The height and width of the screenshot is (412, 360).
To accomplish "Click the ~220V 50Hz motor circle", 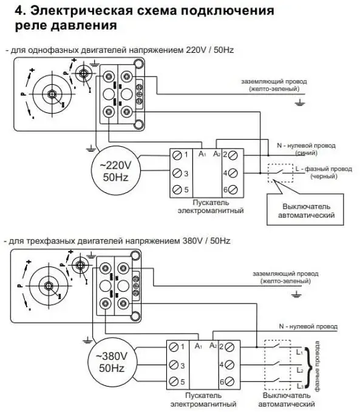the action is [x=91, y=171].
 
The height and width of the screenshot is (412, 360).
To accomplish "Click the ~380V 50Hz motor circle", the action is [x=87, y=362].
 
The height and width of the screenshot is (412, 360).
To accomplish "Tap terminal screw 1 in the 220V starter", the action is [x=177, y=155].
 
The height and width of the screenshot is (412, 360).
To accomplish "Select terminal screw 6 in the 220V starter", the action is [x=233, y=189].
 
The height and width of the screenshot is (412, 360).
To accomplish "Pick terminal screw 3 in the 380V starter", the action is [x=173, y=365].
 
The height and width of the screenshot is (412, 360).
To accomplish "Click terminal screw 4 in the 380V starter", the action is [x=229, y=365].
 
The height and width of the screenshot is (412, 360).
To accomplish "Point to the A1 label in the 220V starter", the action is [x=202, y=154].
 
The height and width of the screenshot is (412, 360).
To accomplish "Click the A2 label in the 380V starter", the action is [x=213, y=345].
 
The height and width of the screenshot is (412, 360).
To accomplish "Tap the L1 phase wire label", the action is [x=299, y=351].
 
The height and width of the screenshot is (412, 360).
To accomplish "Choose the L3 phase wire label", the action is [x=300, y=386].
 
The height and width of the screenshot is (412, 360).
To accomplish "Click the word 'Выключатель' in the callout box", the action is [x=306, y=206].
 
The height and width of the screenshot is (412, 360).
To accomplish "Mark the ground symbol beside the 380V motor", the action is [x=87, y=340].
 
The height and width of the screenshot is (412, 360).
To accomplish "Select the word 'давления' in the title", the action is [x=84, y=25].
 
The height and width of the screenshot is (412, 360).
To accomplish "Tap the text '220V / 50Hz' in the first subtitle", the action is [x=210, y=50].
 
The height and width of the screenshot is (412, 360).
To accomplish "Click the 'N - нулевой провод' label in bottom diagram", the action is [x=308, y=326].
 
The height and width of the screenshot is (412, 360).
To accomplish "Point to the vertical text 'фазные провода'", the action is [x=317, y=366].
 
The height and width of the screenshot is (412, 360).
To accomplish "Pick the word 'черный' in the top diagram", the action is [x=324, y=177].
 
